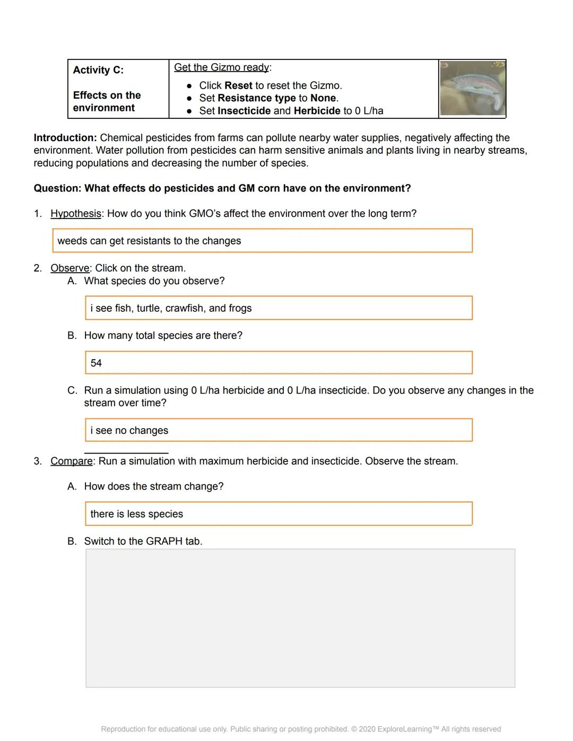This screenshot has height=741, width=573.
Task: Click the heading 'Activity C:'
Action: (98, 70)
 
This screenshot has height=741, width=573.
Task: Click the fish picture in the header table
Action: (472, 89)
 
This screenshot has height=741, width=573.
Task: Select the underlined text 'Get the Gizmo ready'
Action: (221, 67)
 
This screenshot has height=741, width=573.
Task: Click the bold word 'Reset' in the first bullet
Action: (238, 85)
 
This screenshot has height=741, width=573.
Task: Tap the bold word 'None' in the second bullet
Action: (323, 98)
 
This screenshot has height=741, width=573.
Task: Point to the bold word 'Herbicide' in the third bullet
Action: (317, 111)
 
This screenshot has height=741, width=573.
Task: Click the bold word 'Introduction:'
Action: (65, 138)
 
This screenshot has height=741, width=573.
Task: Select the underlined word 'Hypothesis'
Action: (76, 214)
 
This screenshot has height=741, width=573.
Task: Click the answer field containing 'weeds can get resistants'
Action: (262, 241)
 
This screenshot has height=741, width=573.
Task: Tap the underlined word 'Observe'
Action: (70, 268)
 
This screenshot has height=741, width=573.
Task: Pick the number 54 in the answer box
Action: (96, 363)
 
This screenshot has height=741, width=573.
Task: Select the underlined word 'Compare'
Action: (72, 461)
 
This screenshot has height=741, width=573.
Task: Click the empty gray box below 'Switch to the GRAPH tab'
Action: (300, 618)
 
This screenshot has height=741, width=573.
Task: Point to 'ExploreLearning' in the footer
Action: (405, 729)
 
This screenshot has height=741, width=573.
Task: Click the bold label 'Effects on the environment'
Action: (107, 102)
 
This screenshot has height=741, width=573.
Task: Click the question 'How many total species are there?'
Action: (163, 336)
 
